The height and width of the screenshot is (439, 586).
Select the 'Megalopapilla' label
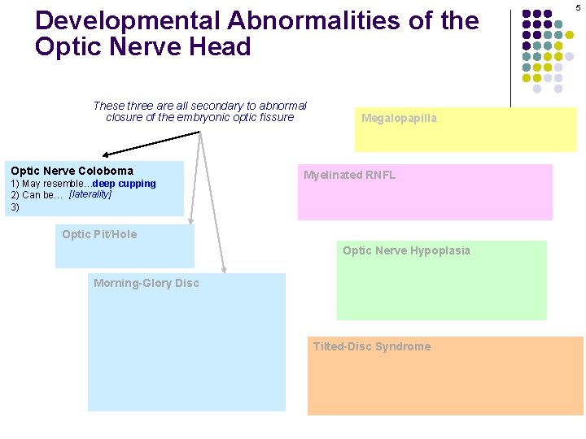click(x=399, y=119)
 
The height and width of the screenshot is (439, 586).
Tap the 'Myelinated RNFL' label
click(x=349, y=176)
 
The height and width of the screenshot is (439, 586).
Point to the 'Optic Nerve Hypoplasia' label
click(x=406, y=250)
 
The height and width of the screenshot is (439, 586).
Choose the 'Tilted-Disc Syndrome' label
click(x=372, y=347)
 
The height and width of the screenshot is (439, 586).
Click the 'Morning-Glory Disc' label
click(x=146, y=284)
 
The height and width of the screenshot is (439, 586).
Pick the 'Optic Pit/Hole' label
click(x=99, y=235)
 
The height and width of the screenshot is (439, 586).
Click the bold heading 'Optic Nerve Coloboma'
click(x=72, y=171)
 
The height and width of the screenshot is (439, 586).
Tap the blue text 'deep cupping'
click(x=124, y=184)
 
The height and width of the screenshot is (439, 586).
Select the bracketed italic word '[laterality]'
click(x=90, y=195)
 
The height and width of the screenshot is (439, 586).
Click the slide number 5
click(x=579, y=7)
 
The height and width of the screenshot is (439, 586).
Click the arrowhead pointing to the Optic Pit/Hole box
click(x=191, y=220)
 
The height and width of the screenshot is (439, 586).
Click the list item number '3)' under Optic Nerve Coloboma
click(x=15, y=207)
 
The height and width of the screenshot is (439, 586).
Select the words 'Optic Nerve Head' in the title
click(x=142, y=47)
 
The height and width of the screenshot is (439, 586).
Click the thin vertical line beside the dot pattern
click(x=510, y=57)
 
